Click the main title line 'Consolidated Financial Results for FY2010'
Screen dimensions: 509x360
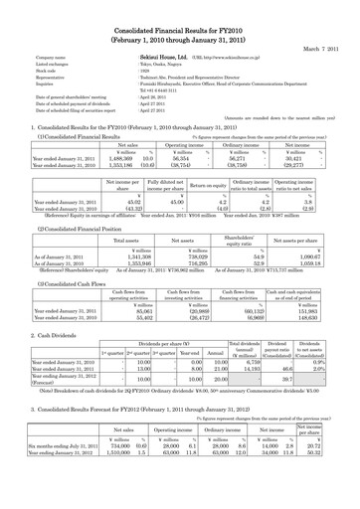tap(180, 10)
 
